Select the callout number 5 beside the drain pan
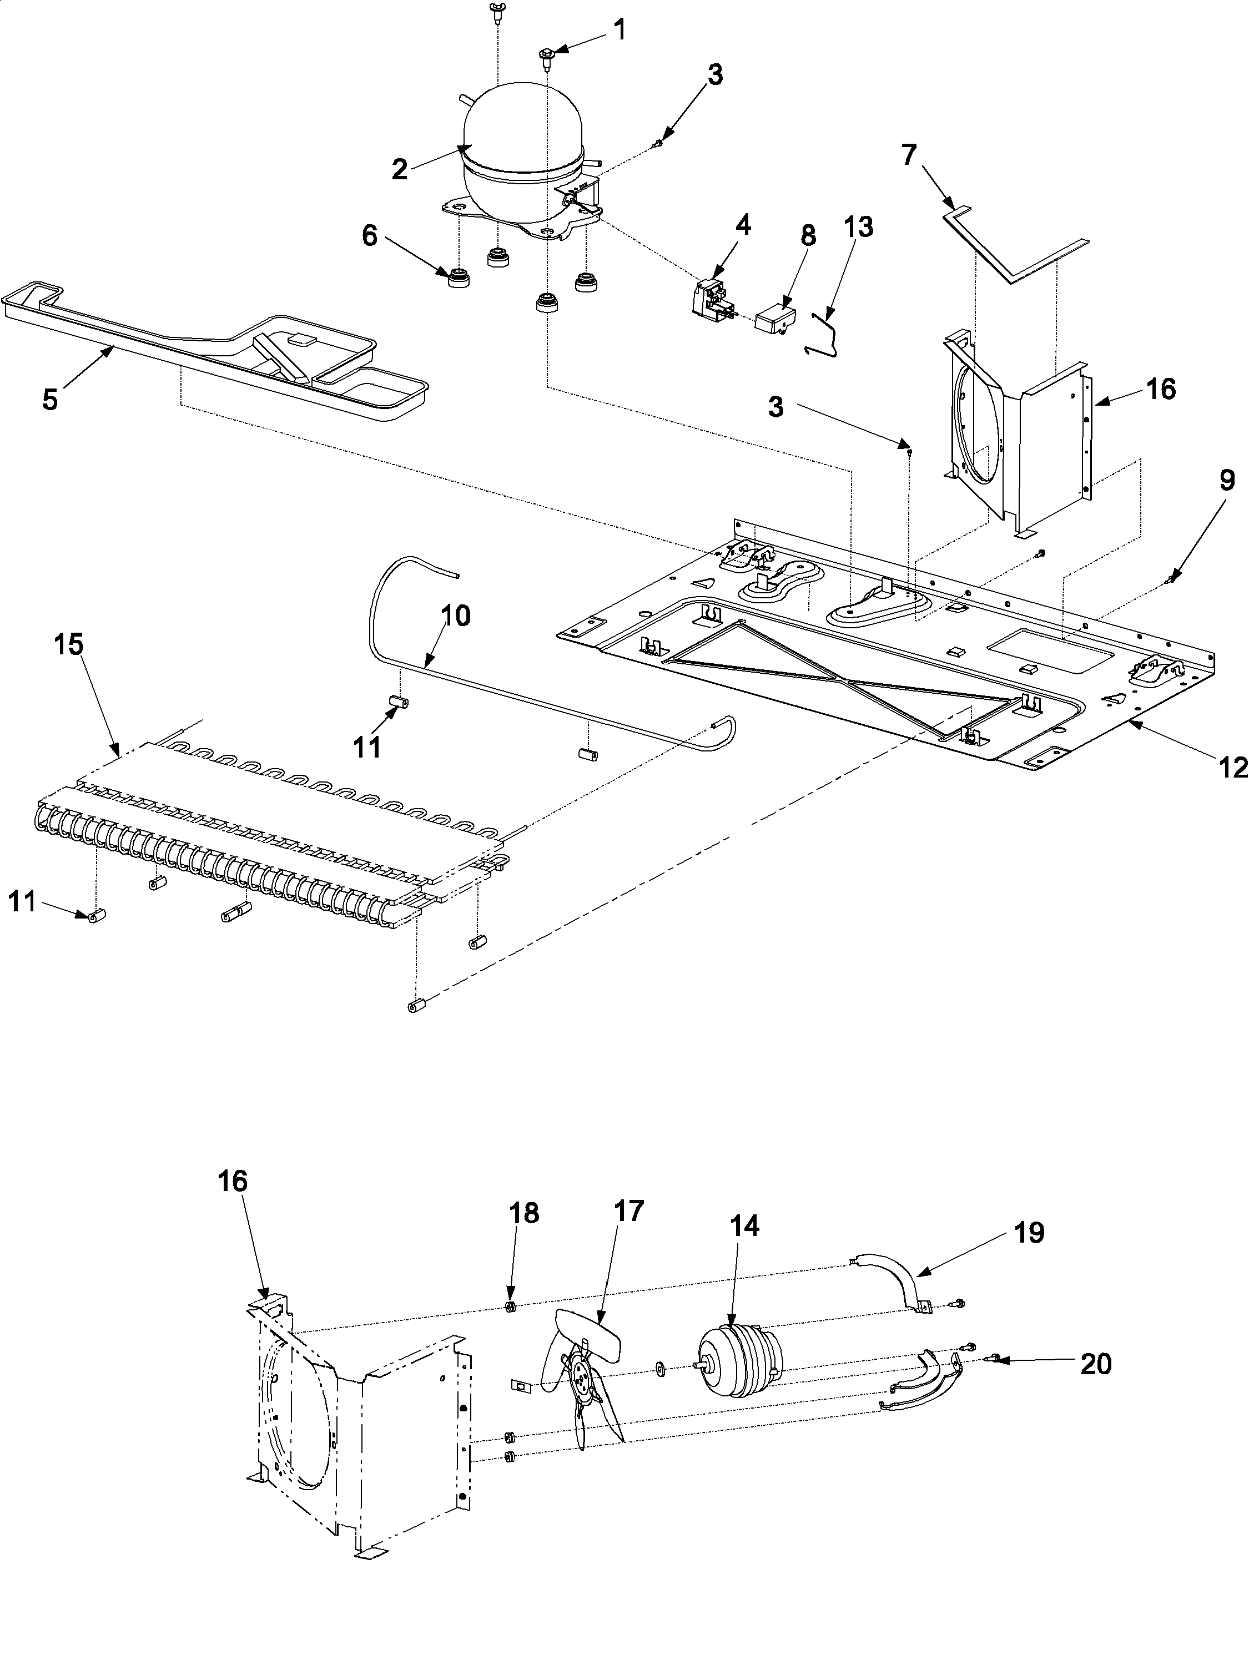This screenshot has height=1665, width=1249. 50,400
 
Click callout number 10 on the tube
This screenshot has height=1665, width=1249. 455,615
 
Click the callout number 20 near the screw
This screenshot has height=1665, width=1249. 1095,1363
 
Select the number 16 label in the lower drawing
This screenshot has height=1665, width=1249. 233,1181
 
